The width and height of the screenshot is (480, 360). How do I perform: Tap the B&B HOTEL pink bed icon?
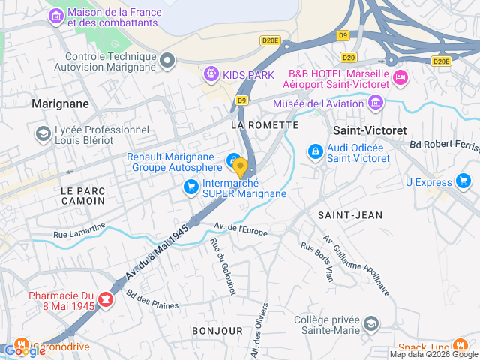pyautogui.click(x=400, y=76)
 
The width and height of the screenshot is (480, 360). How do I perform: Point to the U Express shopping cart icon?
pyautogui.click(x=463, y=181)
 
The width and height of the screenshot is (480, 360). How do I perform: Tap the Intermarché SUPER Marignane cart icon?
pyautogui.click(x=191, y=186)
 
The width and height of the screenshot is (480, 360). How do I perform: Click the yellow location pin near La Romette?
pyautogui.click(x=240, y=166)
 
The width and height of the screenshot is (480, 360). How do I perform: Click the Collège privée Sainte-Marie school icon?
pyautogui.click(x=370, y=324)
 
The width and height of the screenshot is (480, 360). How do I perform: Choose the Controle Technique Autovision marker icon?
pyautogui.click(x=167, y=60)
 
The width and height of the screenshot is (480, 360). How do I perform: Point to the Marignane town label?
pyautogui.click(x=60, y=103)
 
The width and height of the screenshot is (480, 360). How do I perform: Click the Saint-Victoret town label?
pyautogui.click(x=369, y=130)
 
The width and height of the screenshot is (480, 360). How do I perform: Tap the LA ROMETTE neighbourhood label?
pyautogui.click(x=259, y=123)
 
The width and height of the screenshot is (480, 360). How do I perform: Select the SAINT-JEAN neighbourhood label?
pyautogui.click(x=349, y=215)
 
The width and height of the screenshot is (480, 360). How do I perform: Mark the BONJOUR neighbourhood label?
pyautogui.click(x=217, y=330)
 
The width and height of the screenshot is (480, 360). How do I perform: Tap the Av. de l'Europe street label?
pyautogui.click(x=241, y=229)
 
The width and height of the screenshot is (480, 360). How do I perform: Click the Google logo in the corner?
pyautogui.click(x=25, y=350)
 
